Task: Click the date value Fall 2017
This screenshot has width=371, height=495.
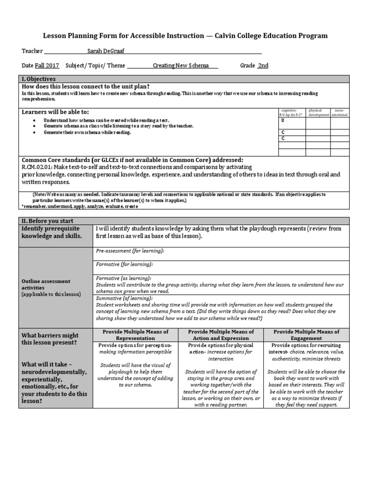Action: click(47, 66)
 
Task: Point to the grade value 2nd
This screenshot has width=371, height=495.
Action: click(263, 66)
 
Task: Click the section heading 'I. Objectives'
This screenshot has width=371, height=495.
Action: click(38, 79)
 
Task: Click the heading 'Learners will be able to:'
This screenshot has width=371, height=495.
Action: click(56, 112)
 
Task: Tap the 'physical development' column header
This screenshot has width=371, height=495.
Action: click(318, 113)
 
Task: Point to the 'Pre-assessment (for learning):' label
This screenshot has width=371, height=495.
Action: click(130, 251)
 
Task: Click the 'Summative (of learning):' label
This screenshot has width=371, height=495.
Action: click(124, 299)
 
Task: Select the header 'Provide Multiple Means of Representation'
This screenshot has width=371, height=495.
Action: click(135, 335)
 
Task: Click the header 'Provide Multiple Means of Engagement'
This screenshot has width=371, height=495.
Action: click(306, 335)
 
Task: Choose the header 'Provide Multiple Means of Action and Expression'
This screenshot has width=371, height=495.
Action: click(221, 335)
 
